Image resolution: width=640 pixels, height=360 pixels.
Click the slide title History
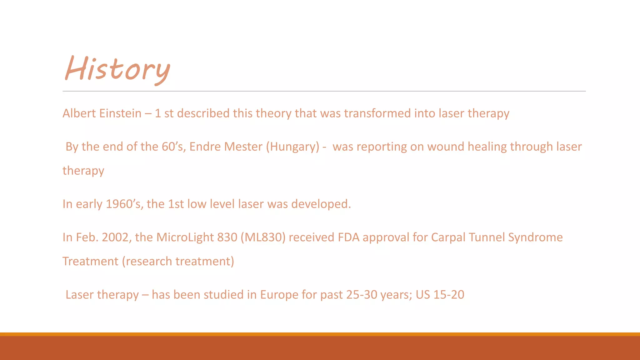click(117, 69)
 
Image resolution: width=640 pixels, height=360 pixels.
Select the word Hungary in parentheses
click(292, 147)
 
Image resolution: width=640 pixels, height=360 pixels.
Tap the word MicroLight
click(185, 237)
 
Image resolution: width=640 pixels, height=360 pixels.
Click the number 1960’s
click(124, 204)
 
